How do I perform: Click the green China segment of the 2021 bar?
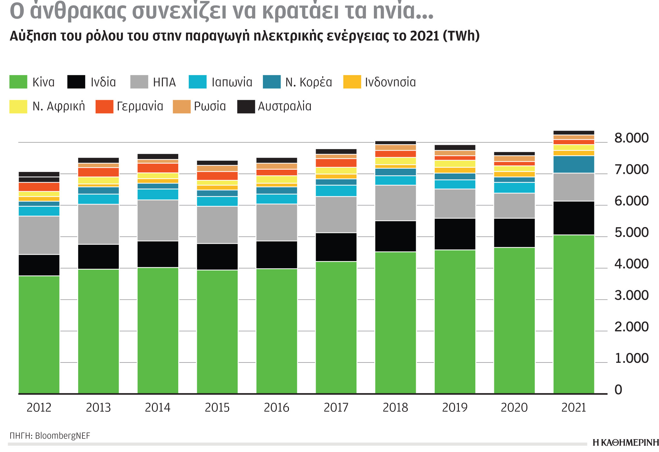coord(573,314)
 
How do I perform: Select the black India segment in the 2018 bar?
coord(395,236)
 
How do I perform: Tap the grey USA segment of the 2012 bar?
coord(39,235)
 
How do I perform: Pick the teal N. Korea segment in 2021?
coord(573,165)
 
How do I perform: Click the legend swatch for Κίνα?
coord(18,82)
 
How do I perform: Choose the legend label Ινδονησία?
coord(390,82)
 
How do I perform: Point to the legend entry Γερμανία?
coord(140,106)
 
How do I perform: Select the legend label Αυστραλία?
coord(284,106)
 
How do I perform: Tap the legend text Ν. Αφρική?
coord(59,106)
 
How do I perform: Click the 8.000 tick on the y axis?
coord(631,138)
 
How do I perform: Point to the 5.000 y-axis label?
coord(631,232)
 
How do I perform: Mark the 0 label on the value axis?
coord(618,390)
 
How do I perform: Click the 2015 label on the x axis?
coord(217,408)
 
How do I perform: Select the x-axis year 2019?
coord(455,408)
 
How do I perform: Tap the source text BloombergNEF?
coord(62,436)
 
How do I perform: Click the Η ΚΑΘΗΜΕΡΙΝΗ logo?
coord(625,443)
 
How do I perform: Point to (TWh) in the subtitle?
coord(461,36)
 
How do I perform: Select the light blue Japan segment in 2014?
coord(158,194)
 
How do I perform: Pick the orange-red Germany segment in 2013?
coord(98,172)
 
